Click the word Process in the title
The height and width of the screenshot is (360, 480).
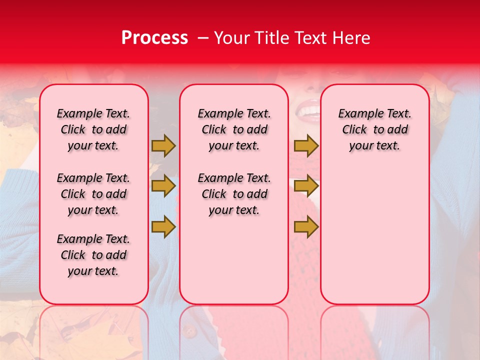[154, 38]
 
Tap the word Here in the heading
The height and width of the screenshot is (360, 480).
[350, 38]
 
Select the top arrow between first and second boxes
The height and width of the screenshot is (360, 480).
[163, 145]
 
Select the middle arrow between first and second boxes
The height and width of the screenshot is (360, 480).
[163, 186]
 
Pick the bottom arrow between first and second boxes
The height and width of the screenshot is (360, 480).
[163, 226]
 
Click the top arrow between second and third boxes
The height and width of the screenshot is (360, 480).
[306, 145]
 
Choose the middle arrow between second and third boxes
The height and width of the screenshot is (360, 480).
[306, 186]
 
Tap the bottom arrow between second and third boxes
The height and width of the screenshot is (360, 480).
[306, 226]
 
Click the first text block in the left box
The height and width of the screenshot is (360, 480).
[93, 129]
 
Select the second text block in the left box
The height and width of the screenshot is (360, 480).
[93, 194]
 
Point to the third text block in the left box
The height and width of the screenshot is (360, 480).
[93, 255]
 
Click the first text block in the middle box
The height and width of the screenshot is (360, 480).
[234, 129]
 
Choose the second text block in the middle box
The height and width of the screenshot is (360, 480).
[234, 194]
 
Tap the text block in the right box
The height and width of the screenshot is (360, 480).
[375, 129]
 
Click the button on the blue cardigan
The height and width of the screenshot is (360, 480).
[189, 330]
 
